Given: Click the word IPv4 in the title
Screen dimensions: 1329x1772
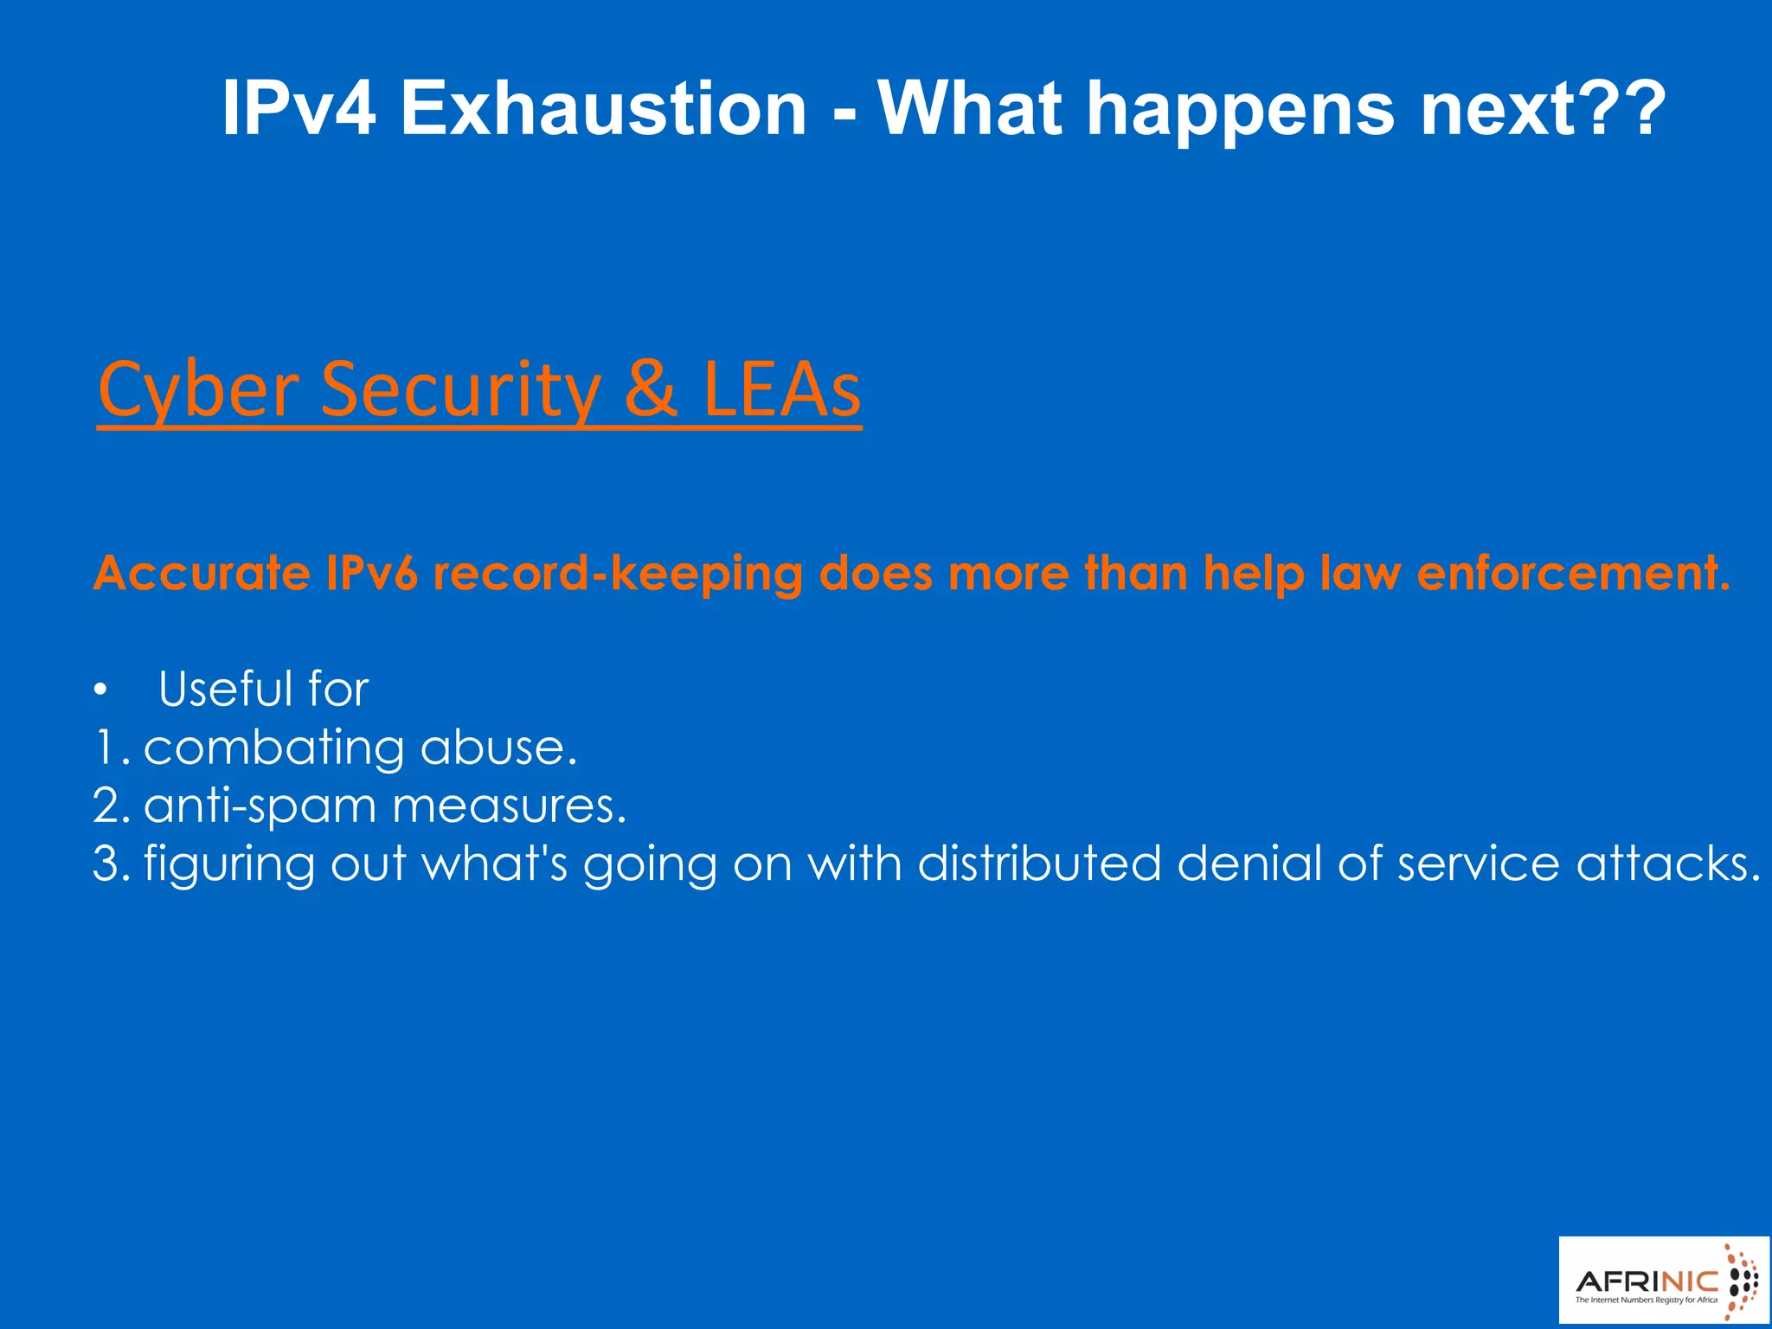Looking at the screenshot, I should (x=299, y=108).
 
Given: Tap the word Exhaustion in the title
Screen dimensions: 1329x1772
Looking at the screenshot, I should (x=603, y=108).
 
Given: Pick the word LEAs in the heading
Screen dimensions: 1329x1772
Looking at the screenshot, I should (x=781, y=389).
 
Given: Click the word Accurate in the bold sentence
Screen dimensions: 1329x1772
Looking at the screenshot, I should (x=202, y=573).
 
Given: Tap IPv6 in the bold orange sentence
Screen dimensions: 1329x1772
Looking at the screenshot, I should (x=372, y=573).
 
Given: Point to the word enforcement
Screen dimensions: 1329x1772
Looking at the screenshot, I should (x=1573, y=573).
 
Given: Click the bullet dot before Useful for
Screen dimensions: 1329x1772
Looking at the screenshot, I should (x=101, y=690).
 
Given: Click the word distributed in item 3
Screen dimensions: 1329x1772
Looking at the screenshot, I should (x=1039, y=864).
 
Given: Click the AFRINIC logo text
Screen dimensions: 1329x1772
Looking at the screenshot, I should (x=1647, y=1281).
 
